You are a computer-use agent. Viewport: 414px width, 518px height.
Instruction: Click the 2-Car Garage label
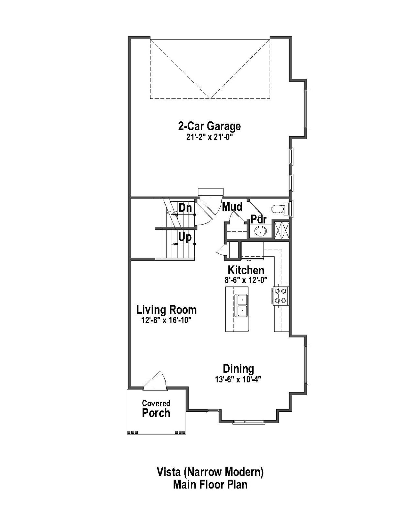[209, 126]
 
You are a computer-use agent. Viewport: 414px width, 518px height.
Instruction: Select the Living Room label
[166, 310]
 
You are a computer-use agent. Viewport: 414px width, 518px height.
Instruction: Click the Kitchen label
[246, 270]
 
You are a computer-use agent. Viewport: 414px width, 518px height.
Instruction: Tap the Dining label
[238, 369]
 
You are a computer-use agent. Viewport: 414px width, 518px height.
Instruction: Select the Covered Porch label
[156, 409]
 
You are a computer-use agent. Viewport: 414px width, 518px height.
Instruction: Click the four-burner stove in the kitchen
[281, 296]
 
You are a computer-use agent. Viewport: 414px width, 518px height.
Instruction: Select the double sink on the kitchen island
[242, 305]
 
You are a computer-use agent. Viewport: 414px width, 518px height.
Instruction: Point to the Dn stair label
[185, 208]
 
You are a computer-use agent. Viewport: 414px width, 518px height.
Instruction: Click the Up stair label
[185, 237]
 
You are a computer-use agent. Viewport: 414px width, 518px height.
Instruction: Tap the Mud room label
[232, 206]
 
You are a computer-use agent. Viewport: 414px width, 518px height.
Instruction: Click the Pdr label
[259, 220]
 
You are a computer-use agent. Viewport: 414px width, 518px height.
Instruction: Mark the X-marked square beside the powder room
[281, 230]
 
